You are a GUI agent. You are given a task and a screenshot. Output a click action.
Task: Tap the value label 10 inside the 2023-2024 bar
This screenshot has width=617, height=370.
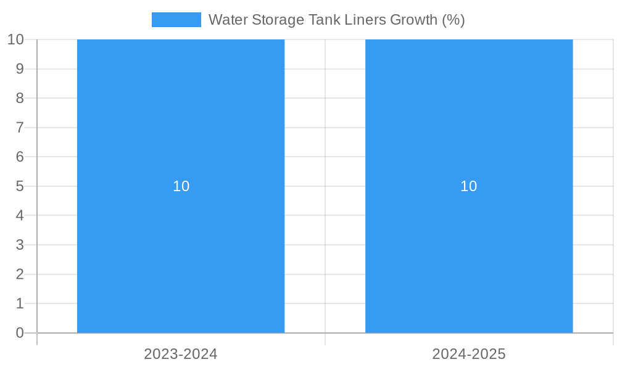click(181, 186)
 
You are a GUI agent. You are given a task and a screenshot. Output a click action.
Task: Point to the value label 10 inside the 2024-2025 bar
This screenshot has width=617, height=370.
click(469, 186)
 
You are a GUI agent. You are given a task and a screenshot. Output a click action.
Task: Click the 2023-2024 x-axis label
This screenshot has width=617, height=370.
click(181, 354)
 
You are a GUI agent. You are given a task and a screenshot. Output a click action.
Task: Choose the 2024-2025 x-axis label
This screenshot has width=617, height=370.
click(469, 354)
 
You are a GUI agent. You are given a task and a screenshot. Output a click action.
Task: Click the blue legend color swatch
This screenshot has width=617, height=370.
click(176, 20)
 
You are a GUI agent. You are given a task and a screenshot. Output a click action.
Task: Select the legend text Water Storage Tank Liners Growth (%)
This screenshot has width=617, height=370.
click(336, 20)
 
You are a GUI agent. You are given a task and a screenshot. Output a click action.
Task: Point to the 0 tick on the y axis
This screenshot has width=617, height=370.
click(20, 333)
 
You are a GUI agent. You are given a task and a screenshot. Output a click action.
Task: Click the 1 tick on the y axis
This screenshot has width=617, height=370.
click(20, 303)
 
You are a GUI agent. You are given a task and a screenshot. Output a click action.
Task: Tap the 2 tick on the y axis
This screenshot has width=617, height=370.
click(20, 274)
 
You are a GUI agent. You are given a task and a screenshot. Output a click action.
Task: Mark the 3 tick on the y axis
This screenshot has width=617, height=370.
click(20, 245)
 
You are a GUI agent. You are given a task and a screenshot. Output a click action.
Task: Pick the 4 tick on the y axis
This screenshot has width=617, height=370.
click(20, 216)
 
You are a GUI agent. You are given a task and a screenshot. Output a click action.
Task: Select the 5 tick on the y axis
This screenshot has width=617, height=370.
click(20, 186)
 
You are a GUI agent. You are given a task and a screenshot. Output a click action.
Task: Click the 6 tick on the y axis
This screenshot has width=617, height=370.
click(20, 157)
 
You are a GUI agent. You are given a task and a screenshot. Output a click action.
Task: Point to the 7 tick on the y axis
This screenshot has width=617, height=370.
click(20, 128)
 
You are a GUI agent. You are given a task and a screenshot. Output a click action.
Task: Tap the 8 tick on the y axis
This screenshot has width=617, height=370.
click(20, 98)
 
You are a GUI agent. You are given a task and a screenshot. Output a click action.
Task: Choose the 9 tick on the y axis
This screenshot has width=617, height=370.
click(20, 68)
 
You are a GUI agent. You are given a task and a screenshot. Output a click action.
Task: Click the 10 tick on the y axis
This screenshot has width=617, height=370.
click(15, 39)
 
